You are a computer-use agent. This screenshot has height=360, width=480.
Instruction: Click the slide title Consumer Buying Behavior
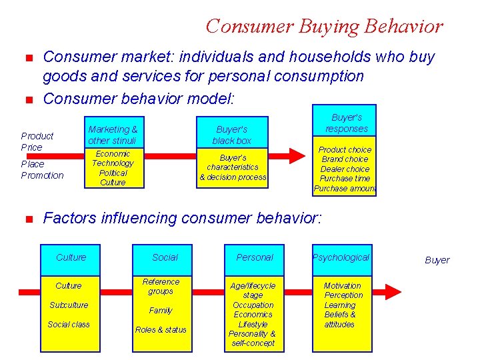click(324, 26)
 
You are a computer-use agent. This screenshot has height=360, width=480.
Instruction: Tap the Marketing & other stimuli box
click(113, 135)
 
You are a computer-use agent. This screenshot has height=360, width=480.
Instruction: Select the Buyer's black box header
click(232, 135)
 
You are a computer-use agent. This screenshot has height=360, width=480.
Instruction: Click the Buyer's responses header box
click(345, 123)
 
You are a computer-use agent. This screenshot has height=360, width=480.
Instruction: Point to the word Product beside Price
click(37, 135)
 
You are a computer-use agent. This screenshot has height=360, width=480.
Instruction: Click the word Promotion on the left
click(43, 175)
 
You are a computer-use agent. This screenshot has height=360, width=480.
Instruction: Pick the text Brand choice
click(345, 159)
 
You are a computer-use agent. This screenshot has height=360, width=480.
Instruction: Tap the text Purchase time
click(345, 179)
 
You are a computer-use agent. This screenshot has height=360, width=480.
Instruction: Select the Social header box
click(165, 257)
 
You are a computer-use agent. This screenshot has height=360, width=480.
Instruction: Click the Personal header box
click(254, 257)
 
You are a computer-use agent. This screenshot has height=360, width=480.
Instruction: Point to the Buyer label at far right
click(437, 260)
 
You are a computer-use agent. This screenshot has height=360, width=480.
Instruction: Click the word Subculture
click(69, 305)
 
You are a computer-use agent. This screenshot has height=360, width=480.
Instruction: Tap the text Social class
click(69, 324)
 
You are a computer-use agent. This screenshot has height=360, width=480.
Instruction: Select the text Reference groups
click(161, 286)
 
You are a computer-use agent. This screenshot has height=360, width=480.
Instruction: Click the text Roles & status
click(161, 329)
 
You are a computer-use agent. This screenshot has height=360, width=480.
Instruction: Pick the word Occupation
click(253, 305)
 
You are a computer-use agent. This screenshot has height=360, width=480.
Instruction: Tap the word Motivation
click(343, 285)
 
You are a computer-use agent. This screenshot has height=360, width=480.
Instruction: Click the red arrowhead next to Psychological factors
click(393, 292)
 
